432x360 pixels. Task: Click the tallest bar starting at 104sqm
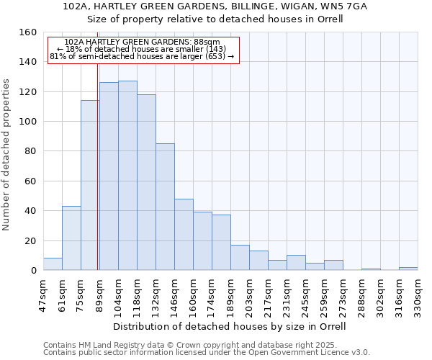(x=127, y=176)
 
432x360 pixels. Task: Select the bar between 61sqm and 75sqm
(x=71, y=238)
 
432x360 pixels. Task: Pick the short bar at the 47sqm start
(x=53, y=264)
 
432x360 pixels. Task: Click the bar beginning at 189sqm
(x=240, y=258)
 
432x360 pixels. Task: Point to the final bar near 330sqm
(x=408, y=269)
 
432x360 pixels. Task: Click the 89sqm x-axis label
(x=99, y=292)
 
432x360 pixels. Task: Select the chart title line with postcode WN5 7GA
(x=215, y=6)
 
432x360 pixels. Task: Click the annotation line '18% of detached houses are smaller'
(x=142, y=49)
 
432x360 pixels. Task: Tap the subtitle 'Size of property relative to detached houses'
(x=215, y=19)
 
